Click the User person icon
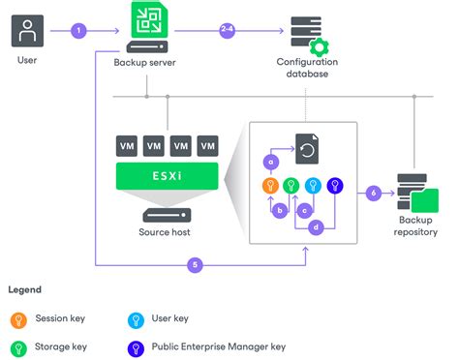[x=28, y=30]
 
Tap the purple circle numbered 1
[x=78, y=31]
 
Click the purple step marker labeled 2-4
[x=227, y=31]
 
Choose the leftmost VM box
[x=127, y=146]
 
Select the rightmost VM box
[x=207, y=146]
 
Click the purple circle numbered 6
[x=375, y=193]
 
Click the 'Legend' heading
[x=24, y=289]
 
